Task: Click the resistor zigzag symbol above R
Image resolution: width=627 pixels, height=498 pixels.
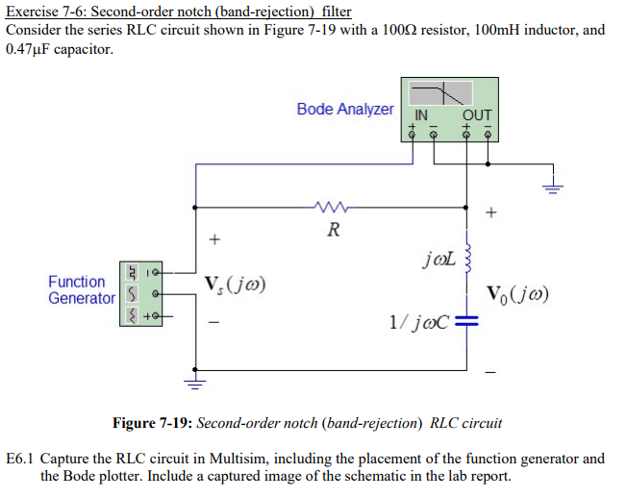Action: [x=332, y=207]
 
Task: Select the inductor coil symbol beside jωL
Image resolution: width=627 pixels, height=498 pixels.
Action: [x=467, y=258]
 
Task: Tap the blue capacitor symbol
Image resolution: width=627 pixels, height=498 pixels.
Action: [x=466, y=320]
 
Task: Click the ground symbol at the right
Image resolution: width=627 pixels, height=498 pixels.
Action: [x=553, y=187]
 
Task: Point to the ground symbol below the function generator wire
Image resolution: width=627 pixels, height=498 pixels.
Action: [x=195, y=383]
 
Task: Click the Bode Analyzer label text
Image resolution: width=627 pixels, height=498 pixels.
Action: [x=345, y=109]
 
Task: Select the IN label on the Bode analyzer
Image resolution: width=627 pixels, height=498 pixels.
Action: [x=421, y=115]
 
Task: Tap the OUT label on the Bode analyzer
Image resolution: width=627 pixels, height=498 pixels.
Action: [x=477, y=115]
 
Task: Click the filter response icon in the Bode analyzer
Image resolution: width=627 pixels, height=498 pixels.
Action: [x=440, y=93]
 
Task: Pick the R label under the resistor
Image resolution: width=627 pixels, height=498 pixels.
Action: [x=334, y=230]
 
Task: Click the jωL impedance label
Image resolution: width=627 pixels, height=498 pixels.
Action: [x=439, y=259]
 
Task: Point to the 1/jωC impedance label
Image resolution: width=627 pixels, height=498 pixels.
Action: [x=419, y=322]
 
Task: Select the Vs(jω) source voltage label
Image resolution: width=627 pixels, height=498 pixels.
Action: [x=235, y=285]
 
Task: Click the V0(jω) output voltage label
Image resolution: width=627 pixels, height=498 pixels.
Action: [x=517, y=294]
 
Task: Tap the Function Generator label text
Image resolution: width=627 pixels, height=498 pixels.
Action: [x=82, y=289]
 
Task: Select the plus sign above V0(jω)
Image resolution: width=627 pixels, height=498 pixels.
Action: [x=491, y=212]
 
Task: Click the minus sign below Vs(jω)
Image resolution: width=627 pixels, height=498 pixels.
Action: [x=214, y=322]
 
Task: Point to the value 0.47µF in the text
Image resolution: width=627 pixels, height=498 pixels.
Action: [x=28, y=49]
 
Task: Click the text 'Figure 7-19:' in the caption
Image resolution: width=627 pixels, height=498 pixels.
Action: [x=153, y=423]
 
